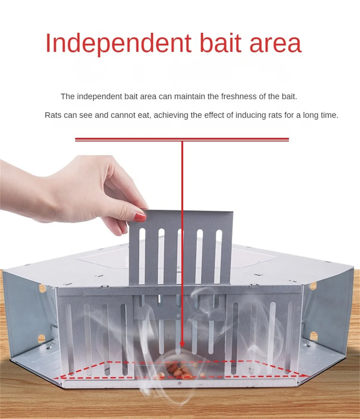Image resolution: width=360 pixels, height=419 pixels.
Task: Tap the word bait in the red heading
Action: tap(221, 43)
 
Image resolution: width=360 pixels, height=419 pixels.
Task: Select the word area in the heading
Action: tap(275, 45)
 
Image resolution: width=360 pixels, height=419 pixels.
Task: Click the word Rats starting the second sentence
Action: tap(53, 115)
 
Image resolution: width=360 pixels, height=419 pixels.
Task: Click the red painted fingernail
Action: tap(140, 217)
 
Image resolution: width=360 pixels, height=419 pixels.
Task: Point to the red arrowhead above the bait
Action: tap(182, 344)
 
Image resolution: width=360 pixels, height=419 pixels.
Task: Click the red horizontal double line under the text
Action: tap(182, 139)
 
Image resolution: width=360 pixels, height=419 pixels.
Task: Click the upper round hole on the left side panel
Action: tap(42, 288)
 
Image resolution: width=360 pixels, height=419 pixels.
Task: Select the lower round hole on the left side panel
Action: tap(41, 338)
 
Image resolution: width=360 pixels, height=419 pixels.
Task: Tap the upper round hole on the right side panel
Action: tap(313, 286)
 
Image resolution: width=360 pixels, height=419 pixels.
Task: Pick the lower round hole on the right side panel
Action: tap(314, 336)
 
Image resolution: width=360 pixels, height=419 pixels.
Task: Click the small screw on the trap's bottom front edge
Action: tap(180, 383)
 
